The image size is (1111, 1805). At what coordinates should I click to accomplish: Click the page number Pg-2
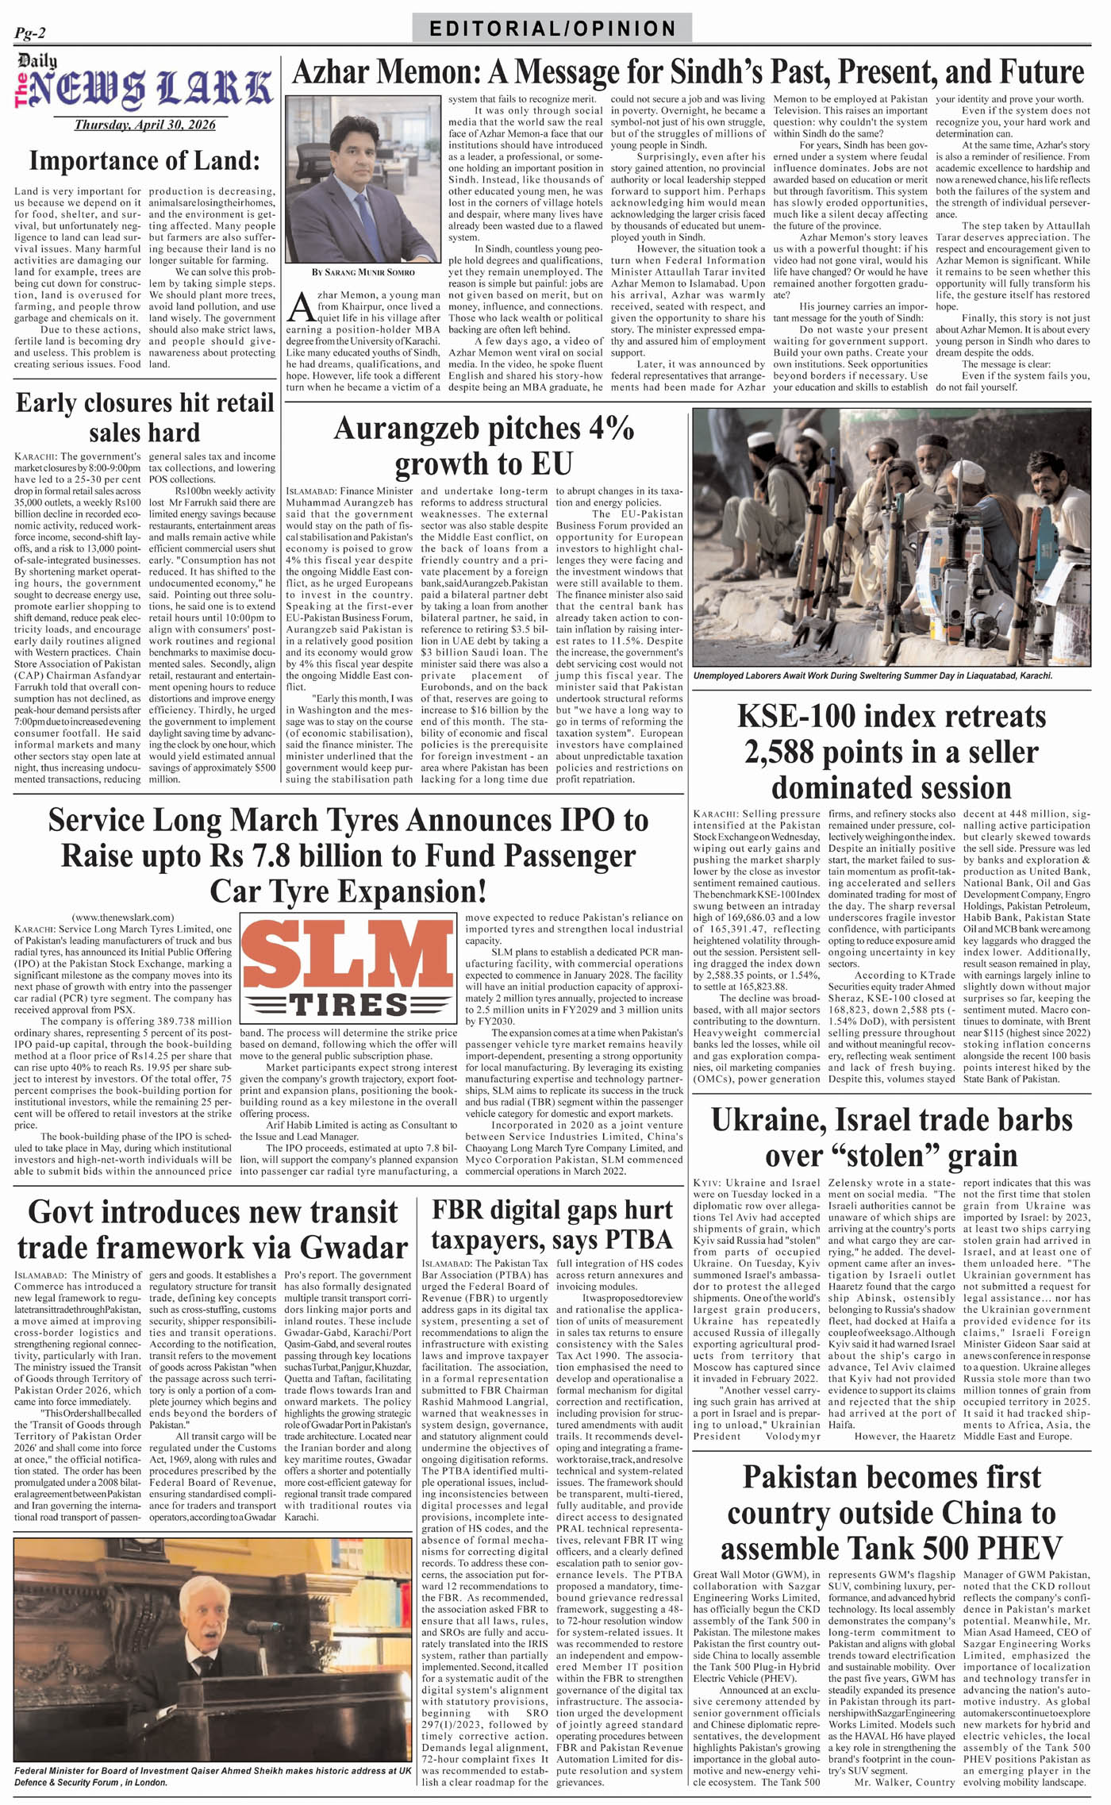tap(30, 33)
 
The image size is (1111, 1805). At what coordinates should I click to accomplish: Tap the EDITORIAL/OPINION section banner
tap(552, 29)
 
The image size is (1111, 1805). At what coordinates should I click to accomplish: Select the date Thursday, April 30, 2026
tap(144, 125)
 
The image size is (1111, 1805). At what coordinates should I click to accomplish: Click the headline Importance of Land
tap(144, 160)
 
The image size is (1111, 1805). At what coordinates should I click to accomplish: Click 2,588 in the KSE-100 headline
tap(785, 752)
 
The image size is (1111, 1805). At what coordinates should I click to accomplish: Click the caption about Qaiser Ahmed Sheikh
tap(213, 1776)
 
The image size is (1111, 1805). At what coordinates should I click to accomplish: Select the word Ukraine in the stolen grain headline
tap(767, 1119)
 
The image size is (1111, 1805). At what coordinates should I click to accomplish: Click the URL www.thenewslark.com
tap(123, 917)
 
